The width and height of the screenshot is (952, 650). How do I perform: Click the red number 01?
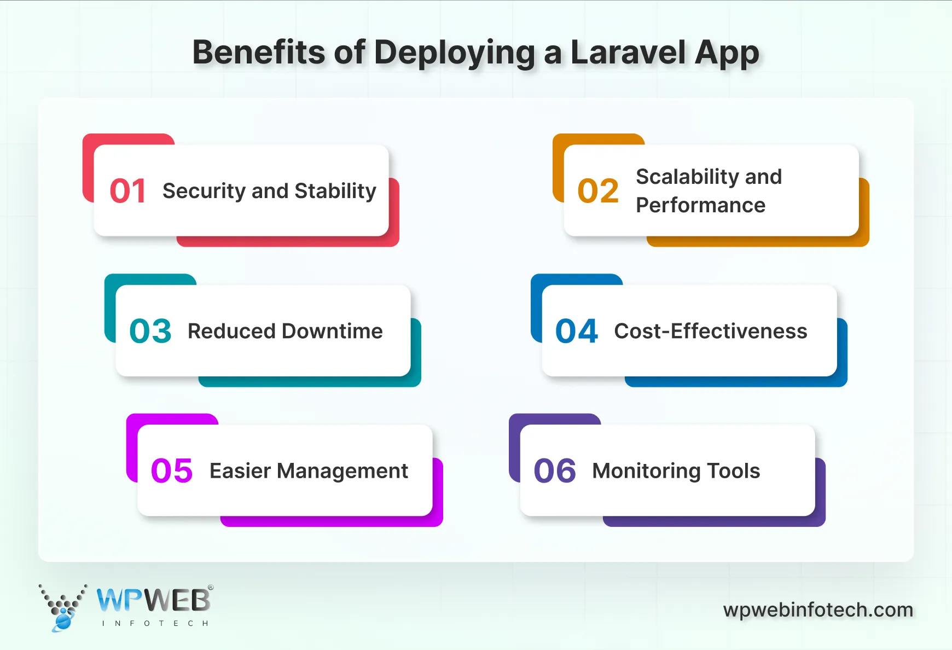tap(127, 191)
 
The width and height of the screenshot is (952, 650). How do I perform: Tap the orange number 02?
tap(598, 191)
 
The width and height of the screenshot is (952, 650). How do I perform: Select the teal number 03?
tap(150, 331)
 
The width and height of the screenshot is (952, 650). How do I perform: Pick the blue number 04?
tap(577, 331)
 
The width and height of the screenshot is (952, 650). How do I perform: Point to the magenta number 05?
tap(172, 471)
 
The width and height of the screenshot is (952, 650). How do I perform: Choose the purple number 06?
tap(555, 471)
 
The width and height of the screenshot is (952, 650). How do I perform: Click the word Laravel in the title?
tap(628, 53)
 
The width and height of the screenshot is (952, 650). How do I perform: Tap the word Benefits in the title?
tap(259, 53)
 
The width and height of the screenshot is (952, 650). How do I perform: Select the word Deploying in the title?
tap(454, 54)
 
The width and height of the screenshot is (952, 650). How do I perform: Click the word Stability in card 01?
tap(335, 191)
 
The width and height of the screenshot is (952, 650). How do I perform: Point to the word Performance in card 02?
tap(700, 205)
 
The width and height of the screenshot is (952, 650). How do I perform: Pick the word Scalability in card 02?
tap(687, 177)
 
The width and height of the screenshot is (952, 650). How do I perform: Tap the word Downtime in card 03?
tap(332, 331)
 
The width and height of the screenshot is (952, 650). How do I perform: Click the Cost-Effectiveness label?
tap(710, 331)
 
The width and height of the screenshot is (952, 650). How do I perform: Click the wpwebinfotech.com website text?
tap(818, 610)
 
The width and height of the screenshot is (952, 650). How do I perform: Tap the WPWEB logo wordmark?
tap(153, 600)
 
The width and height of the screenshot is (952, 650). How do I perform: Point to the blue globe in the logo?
tap(63, 622)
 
